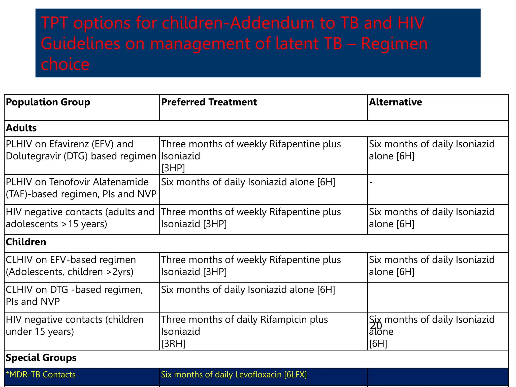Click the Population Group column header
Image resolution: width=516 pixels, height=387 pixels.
[x=48, y=102]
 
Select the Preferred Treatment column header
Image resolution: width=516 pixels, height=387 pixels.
[x=209, y=102]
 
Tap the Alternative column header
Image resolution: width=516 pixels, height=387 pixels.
[x=395, y=102]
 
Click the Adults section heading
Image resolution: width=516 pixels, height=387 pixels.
[x=21, y=128]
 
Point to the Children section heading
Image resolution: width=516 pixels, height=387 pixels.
[x=26, y=242]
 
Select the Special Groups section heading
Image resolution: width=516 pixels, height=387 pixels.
[x=41, y=358]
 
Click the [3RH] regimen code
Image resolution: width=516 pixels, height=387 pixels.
[x=173, y=344]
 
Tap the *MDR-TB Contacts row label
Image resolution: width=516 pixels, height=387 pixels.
[x=41, y=375]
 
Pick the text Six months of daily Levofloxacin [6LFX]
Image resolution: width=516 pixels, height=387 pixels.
[x=234, y=375]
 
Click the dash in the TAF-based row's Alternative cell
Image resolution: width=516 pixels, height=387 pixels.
[x=371, y=182]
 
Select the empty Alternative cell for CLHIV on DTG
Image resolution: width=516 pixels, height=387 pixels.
[x=438, y=297]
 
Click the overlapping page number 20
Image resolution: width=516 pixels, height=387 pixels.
[x=376, y=326]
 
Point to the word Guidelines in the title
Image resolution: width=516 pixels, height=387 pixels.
[x=80, y=44]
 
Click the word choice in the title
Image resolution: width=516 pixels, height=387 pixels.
[x=65, y=64]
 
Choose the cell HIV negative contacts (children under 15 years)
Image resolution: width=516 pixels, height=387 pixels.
[x=75, y=326]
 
